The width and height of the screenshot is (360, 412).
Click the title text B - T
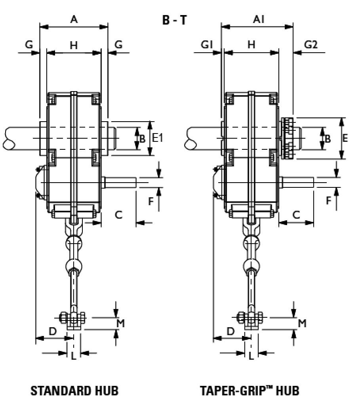[174, 20]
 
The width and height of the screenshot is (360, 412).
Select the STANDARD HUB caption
[74, 391]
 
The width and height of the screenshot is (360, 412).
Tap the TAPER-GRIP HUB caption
[249, 391]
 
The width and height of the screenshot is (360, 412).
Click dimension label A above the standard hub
[74, 19]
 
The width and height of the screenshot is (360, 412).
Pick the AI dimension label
[260, 19]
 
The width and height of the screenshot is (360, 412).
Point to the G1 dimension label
[206, 45]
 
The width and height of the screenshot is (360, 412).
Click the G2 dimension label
[311, 45]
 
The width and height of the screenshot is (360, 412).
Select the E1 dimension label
[158, 138]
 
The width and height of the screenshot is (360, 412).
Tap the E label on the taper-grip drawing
[345, 138]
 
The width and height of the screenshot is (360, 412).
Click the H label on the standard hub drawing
[74, 45]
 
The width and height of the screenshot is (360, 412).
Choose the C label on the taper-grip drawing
[296, 214]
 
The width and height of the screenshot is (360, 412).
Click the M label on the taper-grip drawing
[302, 323]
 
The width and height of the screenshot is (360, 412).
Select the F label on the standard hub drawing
[151, 201]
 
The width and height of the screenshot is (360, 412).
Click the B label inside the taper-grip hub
[328, 139]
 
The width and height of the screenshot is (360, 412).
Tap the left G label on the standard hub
[29, 45]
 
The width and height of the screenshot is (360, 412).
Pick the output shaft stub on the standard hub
[120, 182]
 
